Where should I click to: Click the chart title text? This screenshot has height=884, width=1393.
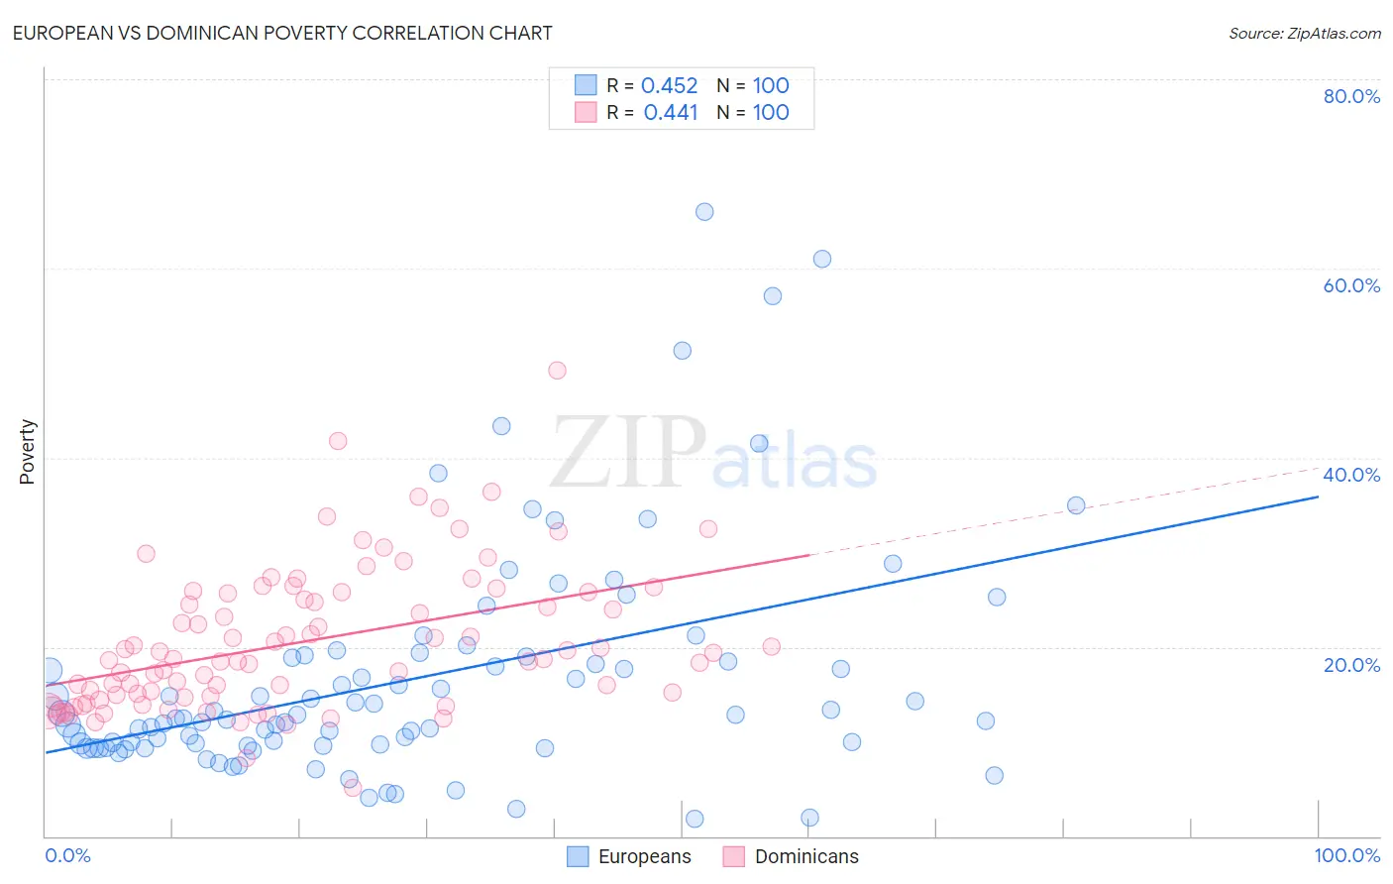[x=282, y=33]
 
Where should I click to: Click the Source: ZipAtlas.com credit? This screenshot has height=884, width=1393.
[x=1304, y=33]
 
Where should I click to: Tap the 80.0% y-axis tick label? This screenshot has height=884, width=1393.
[x=1351, y=96]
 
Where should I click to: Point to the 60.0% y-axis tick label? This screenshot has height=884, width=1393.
[x=1351, y=285]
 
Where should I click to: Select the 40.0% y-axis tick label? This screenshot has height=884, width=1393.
[x=1351, y=475]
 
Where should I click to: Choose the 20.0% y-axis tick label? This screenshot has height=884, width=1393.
[x=1351, y=665]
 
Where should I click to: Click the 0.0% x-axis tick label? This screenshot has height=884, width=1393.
[x=67, y=855]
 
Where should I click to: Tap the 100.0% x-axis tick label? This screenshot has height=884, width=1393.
[x=1346, y=855]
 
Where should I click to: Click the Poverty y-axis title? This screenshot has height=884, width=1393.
[x=27, y=452]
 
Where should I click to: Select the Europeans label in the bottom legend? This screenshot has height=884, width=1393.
[x=644, y=856]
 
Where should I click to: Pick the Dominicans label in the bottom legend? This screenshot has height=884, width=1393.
[x=806, y=856]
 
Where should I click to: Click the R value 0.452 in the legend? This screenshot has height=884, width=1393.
[x=670, y=85]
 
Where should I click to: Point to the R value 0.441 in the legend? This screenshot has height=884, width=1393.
[x=671, y=112]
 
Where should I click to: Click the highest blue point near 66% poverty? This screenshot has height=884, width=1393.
[x=704, y=211]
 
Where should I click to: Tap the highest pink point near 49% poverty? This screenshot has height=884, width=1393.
[x=557, y=370]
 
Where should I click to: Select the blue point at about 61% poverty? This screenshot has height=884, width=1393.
[x=822, y=259]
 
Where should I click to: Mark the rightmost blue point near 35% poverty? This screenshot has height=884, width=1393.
[x=1076, y=505]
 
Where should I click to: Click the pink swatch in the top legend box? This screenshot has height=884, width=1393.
[x=586, y=112]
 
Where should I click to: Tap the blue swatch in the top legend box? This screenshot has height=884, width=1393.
[x=586, y=85]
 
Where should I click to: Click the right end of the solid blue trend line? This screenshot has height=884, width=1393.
[x=1318, y=497]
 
